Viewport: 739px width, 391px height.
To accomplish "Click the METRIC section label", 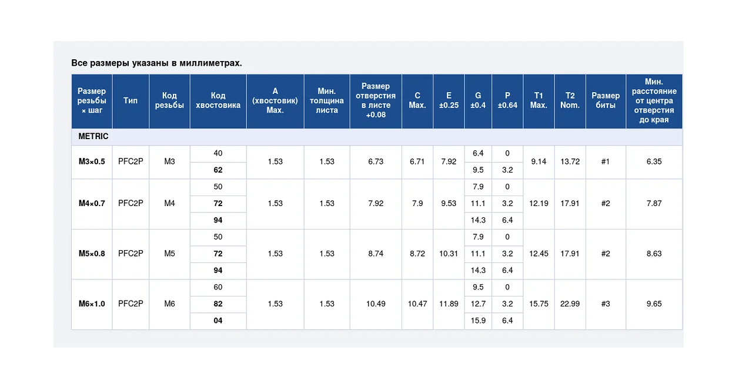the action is point(93,136).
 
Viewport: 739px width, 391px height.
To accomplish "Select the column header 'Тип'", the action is point(131,100).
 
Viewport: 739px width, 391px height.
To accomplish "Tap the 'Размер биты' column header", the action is point(606,100).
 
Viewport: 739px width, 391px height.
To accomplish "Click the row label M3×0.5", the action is point(92,161).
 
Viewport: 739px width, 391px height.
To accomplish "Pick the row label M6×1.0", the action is point(92,304).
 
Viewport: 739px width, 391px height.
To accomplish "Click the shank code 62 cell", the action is point(218,170).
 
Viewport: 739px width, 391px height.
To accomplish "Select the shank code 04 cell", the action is point(218,321).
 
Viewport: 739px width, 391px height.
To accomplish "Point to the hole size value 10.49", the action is point(376,304).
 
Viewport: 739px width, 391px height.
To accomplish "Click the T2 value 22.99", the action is point(570,304).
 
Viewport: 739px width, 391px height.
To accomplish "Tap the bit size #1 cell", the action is point(606,161).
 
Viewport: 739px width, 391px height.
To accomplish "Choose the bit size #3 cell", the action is point(606,304).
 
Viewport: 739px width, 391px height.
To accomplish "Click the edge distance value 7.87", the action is point(654,203).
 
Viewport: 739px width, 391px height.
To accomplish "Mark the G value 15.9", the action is point(478,321).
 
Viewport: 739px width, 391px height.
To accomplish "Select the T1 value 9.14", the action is point(539,161).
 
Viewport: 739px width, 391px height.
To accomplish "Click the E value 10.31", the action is point(449,254).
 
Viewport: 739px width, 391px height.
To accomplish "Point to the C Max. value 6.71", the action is point(417,161).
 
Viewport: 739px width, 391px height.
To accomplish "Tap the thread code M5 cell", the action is point(169,254).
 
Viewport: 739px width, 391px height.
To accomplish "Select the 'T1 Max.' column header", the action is point(539,100).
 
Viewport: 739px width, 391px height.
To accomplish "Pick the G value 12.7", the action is point(478,304).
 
